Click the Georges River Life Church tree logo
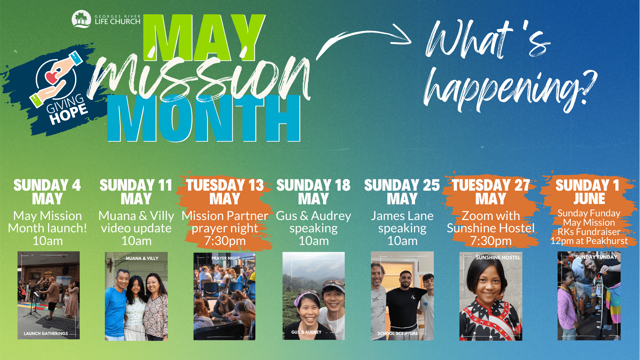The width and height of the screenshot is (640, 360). (81, 19)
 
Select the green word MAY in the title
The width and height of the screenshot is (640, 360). (204, 38)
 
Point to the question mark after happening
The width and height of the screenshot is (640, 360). (587, 88)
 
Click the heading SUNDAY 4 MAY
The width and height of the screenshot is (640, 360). (47, 192)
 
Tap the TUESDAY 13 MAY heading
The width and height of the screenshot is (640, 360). (225, 192)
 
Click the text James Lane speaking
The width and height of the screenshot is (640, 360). (402, 222)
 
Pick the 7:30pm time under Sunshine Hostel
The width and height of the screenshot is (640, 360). (491, 241)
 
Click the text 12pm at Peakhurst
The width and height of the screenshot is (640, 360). (589, 241)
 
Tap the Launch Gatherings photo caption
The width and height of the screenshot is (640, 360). (46, 333)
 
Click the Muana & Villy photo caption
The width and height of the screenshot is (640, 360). (142, 258)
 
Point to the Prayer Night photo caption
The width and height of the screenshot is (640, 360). (226, 258)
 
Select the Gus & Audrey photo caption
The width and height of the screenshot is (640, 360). (306, 332)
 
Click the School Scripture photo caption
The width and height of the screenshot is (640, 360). (398, 333)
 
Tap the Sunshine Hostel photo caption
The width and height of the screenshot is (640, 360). (498, 258)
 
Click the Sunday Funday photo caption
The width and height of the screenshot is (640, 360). (596, 257)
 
